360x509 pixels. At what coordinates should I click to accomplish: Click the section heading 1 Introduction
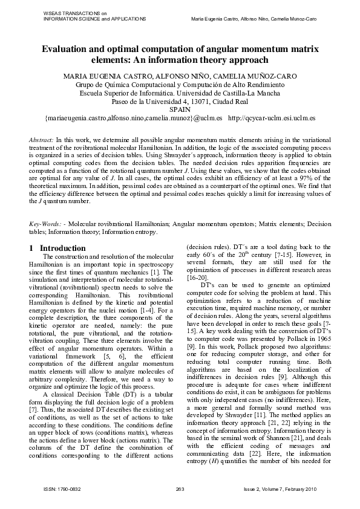pyautogui.click(x=58, y=248)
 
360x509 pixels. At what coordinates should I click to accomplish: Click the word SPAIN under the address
pyautogui.click(x=180, y=109)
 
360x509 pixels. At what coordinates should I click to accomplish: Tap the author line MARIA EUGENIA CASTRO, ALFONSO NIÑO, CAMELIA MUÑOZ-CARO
pyautogui.click(x=180, y=77)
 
